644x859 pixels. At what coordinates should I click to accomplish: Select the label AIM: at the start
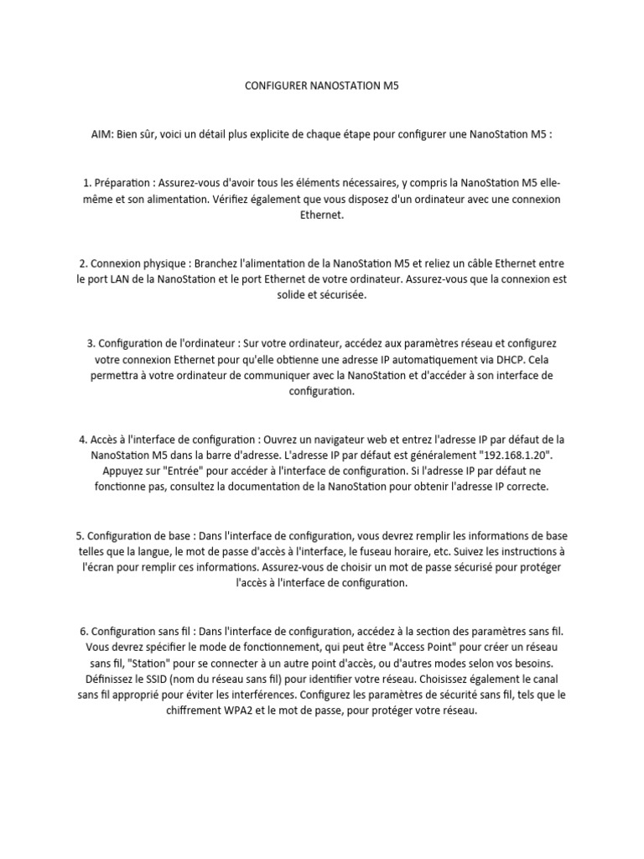pos(104,134)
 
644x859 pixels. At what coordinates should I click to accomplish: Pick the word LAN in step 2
pos(122,279)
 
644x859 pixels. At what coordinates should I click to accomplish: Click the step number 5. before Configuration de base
pos(80,534)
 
